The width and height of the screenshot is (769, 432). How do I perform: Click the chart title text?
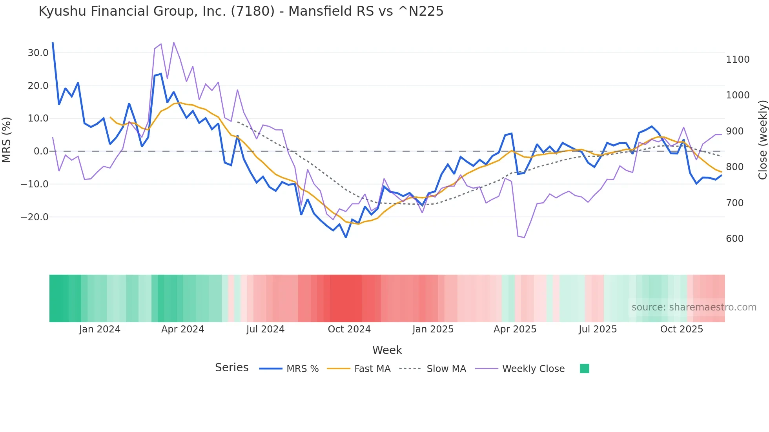(241, 11)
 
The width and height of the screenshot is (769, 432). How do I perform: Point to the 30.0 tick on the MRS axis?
(38, 53)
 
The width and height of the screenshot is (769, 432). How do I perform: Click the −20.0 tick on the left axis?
(35, 217)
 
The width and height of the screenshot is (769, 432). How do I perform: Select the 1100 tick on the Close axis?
(738, 60)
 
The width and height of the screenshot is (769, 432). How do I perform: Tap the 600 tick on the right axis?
(734, 239)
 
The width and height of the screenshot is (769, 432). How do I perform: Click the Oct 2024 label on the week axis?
(349, 329)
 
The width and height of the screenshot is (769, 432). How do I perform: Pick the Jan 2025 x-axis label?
(433, 329)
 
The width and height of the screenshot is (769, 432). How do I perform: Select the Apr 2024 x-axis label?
(182, 329)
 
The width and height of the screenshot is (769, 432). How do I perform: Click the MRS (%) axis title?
(7, 140)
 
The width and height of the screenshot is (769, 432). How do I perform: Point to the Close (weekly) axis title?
(762, 140)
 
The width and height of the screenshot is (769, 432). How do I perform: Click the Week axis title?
(387, 350)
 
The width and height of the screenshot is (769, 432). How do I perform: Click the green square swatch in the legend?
(584, 368)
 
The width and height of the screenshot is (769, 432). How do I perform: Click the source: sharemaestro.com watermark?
(694, 307)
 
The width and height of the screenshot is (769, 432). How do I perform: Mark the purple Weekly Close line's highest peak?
(173, 42)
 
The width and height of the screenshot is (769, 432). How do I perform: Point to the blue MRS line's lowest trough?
(346, 237)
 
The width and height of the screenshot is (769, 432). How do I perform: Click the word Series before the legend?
(231, 368)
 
